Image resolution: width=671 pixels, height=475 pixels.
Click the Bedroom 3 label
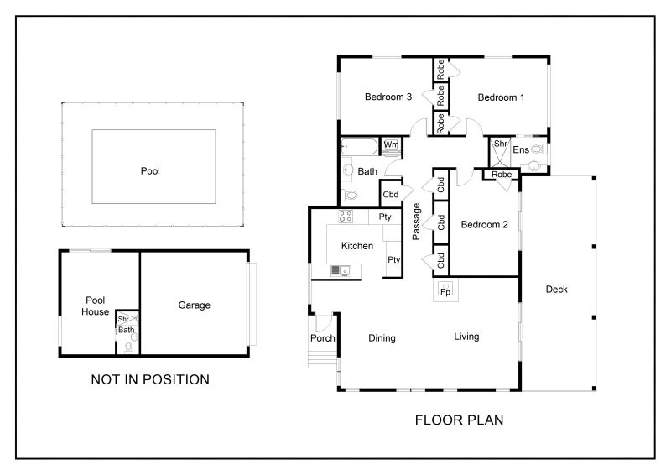[x=388, y=97]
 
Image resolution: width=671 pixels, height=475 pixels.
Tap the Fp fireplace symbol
[x=445, y=290]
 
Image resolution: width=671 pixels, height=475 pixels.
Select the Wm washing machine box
[x=391, y=145]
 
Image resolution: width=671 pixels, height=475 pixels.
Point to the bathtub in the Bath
[x=360, y=147]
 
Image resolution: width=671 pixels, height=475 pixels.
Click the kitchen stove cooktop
[x=346, y=217]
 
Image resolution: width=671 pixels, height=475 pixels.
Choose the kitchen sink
[x=341, y=271]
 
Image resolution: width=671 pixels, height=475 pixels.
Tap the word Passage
[x=416, y=222]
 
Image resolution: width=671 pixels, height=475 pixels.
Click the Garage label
[x=195, y=305]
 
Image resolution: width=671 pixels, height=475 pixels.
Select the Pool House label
[x=95, y=305]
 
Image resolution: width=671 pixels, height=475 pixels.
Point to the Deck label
[x=556, y=289]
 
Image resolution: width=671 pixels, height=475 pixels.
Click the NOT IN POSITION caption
[x=150, y=379]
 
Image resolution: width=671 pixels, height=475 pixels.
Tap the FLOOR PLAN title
[x=459, y=420]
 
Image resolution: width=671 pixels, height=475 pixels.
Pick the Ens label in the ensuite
[x=521, y=149]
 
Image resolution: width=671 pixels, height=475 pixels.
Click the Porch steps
[x=323, y=359]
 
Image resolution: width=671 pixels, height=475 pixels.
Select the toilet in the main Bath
[x=349, y=196]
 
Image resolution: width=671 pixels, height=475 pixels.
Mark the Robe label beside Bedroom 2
[x=502, y=175]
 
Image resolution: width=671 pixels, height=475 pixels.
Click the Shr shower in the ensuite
[x=500, y=152]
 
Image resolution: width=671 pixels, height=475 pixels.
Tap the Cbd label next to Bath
[x=391, y=195]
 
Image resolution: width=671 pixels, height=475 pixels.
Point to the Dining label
[x=382, y=338]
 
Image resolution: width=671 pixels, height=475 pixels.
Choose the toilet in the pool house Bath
[x=128, y=347]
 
